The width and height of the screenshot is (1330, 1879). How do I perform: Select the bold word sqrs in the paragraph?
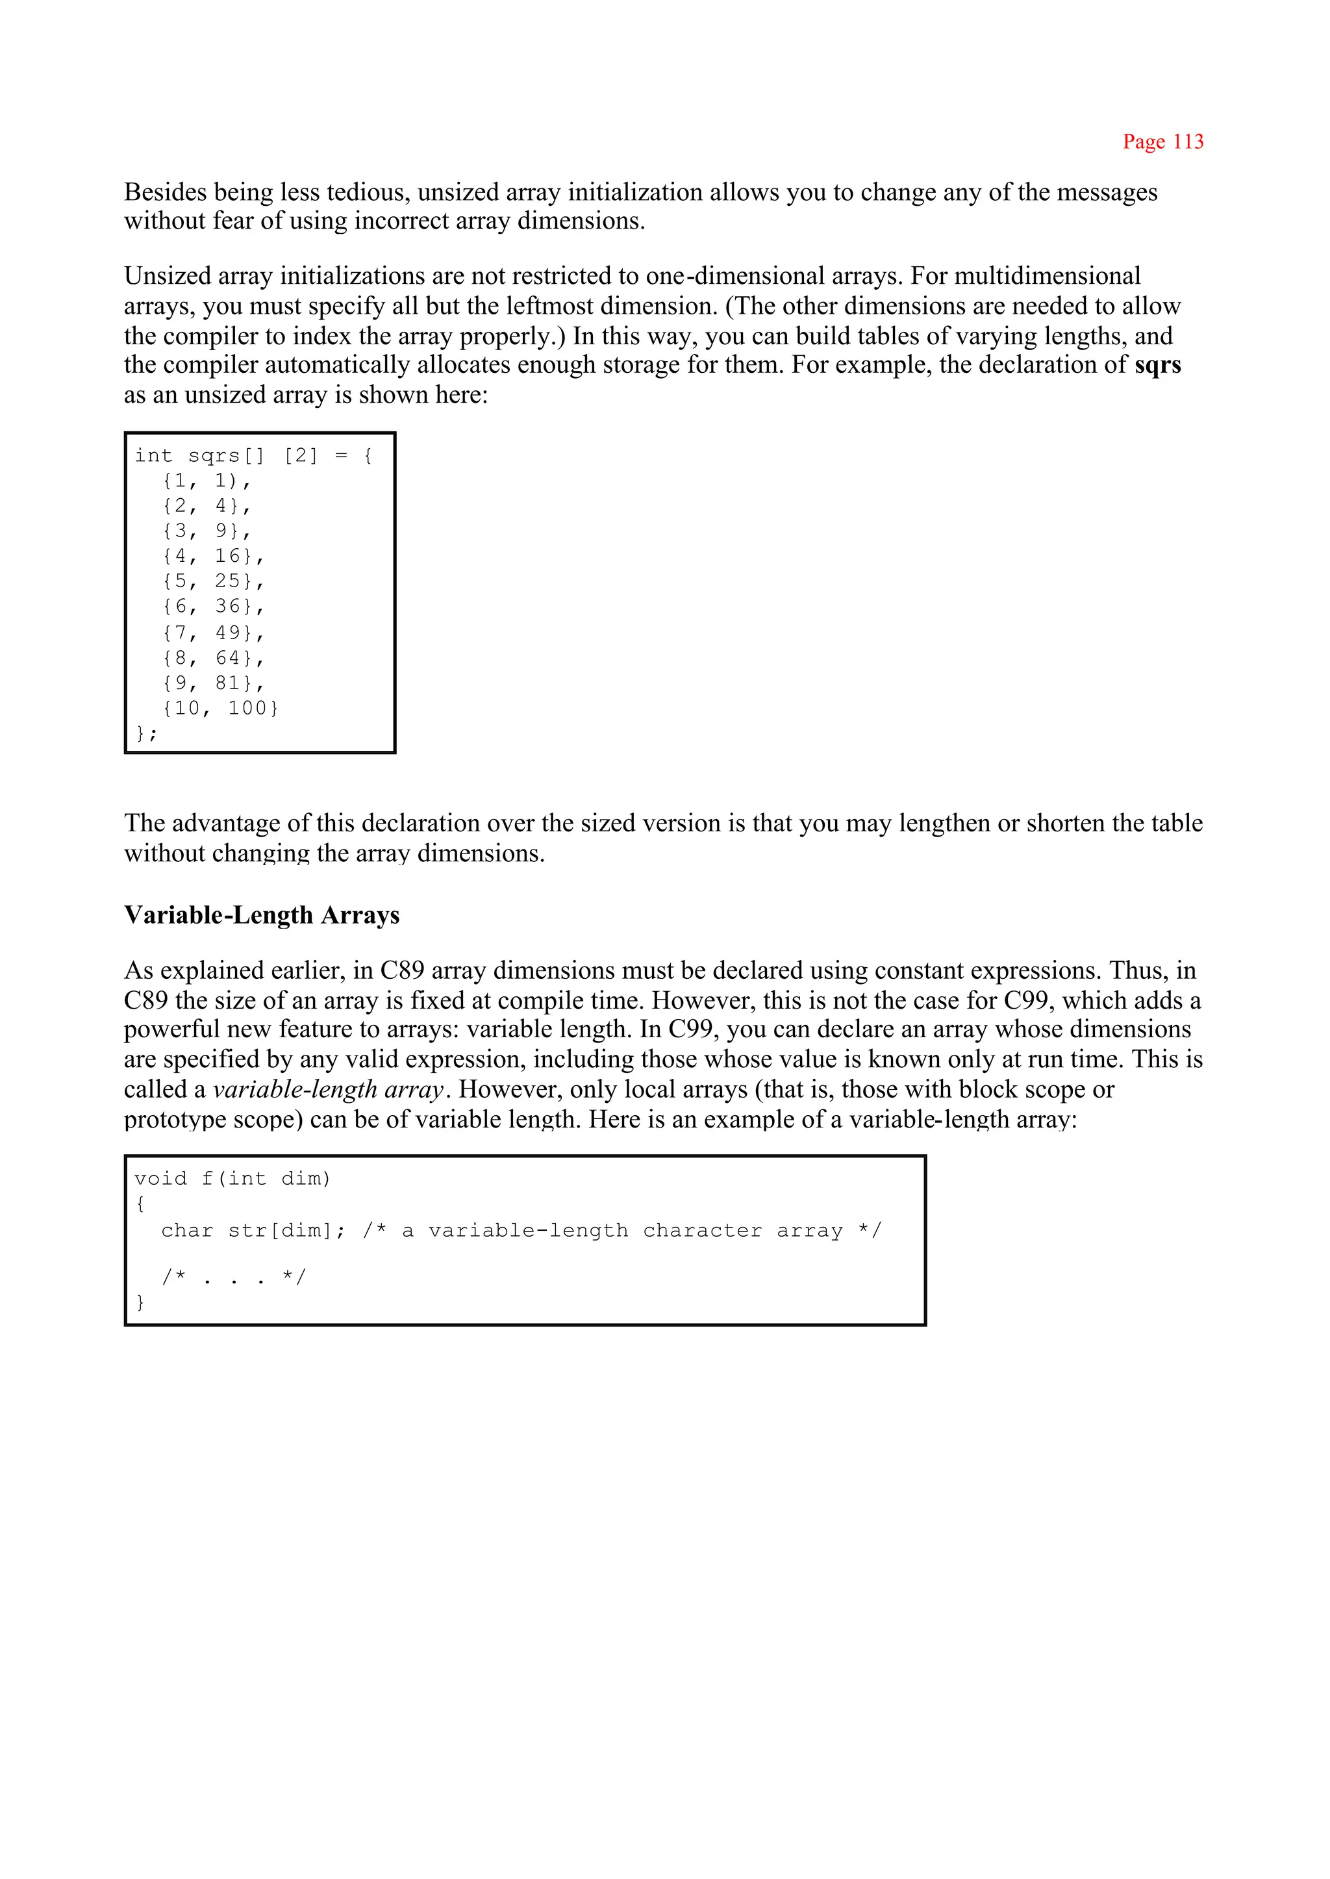[1157, 364]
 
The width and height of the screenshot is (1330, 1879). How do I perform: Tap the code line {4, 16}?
[213, 556]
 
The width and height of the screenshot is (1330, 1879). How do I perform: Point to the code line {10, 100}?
[220, 709]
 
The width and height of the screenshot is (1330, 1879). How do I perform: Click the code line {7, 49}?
[213, 633]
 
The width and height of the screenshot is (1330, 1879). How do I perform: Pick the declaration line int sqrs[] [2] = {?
[254, 455]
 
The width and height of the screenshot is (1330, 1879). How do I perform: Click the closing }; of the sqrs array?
[145, 733]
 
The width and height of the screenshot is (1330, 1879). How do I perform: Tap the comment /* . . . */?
[233, 1277]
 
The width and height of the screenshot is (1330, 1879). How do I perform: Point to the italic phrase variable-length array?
[327, 1089]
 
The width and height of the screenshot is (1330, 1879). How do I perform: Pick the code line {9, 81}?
[213, 683]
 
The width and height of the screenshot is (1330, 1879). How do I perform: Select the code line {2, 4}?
[207, 506]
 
